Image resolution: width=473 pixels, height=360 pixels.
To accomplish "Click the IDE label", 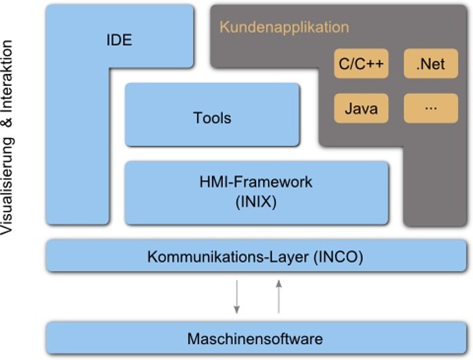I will (119, 40).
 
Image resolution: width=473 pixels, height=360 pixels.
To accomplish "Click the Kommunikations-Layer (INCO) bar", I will (256, 256).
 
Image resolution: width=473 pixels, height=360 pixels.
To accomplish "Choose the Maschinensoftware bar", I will (256, 338).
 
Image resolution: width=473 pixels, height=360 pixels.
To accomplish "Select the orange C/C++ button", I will (361, 64).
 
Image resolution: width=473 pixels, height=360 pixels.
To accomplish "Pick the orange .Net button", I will (431, 64).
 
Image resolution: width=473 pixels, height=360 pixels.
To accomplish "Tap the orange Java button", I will (361, 108).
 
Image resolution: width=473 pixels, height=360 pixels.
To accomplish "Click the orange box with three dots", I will (431, 108).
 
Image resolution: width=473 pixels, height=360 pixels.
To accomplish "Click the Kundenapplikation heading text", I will (284, 27).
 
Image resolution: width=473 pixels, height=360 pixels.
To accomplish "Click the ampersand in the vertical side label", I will (7, 123).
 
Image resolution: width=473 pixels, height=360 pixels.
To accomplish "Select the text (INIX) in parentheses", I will (256, 202).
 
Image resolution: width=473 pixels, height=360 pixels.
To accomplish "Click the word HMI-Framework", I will (256, 181).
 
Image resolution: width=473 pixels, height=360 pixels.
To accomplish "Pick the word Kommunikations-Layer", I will (228, 257).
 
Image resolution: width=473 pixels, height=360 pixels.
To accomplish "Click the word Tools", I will (212, 118).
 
